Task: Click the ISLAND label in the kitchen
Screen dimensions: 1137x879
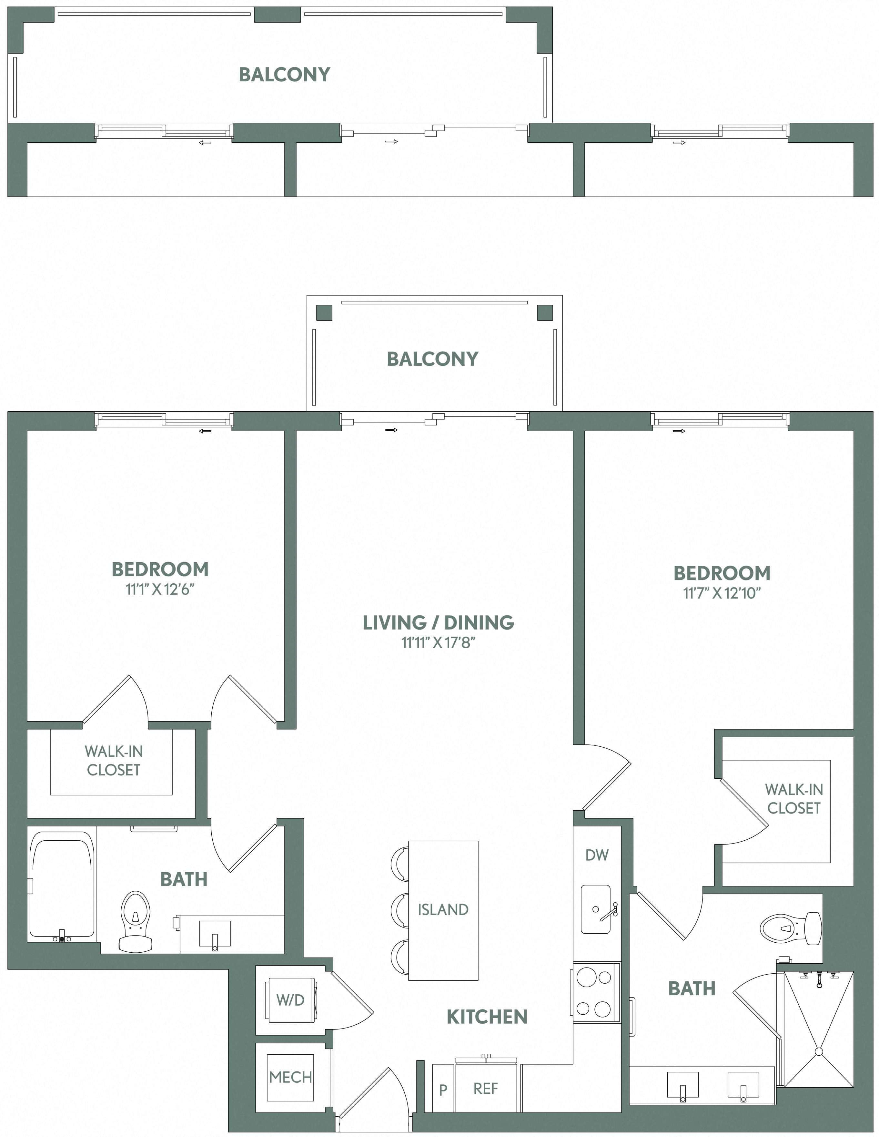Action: coord(443,909)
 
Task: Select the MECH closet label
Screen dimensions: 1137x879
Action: coord(290,1077)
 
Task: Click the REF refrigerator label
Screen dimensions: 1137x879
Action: coord(486,1088)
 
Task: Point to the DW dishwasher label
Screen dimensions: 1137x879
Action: coord(596,855)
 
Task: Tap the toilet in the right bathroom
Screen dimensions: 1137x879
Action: coord(790,928)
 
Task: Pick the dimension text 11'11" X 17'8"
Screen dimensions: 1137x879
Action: coord(438,643)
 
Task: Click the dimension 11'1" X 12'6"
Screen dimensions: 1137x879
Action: coord(160,589)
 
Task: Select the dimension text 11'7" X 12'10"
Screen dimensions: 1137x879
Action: coord(722,593)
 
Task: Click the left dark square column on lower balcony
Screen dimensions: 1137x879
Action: coord(324,312)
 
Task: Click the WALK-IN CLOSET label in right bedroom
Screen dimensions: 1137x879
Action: coord(794,799)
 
